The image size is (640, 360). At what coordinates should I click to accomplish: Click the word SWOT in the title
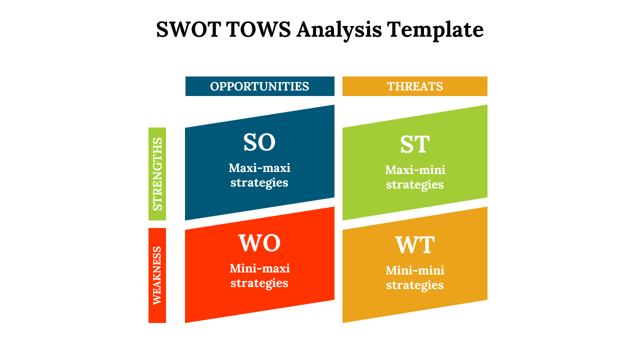click(188, 29)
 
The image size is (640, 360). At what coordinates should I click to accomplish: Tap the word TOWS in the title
click(259, 29)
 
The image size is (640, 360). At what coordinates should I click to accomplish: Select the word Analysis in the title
click(339, 30)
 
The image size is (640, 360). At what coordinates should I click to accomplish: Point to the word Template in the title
click(435, 30)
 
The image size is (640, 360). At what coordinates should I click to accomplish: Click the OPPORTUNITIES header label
click(259, 86)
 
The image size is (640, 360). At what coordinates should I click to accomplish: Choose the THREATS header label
click(415, 86)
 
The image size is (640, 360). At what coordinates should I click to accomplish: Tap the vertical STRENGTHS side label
click(157, 174)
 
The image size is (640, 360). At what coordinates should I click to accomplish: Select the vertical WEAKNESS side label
click(157, 275)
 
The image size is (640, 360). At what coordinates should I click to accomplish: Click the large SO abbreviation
click(259, 142)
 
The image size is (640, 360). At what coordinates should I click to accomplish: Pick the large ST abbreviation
click(415, 144)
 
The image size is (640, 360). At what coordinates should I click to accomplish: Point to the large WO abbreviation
click(259, 243)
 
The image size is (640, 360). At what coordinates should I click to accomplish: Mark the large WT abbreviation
click(415, 245)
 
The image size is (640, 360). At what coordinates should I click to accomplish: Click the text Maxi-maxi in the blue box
click(259, 168)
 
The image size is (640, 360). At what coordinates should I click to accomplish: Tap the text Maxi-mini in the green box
click(415, 170)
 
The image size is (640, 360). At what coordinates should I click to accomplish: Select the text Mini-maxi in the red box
click(259, 268)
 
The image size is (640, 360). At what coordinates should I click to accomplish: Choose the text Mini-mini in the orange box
click(415, 270)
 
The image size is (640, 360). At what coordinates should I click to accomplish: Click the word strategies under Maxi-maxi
click(259, 183)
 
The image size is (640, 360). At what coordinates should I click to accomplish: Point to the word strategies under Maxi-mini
click(415, 185)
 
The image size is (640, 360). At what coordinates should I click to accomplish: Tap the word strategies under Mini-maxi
click(259, 283)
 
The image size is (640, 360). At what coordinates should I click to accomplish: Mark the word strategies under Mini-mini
click(415, 285)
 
